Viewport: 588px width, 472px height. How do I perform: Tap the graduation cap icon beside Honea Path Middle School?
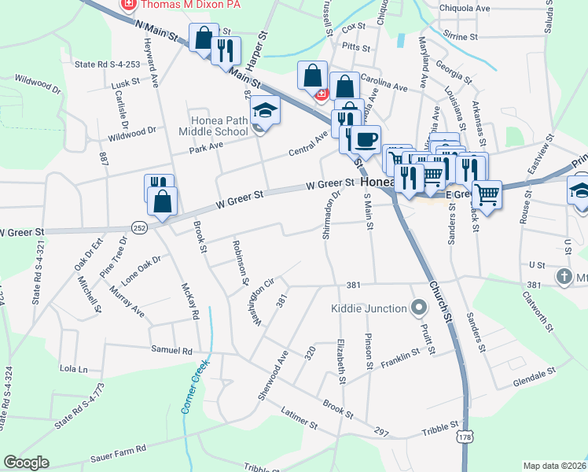266,111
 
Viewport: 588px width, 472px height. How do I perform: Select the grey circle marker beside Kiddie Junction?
418,308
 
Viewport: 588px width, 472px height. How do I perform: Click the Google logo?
26,463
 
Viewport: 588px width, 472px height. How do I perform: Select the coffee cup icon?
365,139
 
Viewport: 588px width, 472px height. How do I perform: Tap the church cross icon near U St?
564,277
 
